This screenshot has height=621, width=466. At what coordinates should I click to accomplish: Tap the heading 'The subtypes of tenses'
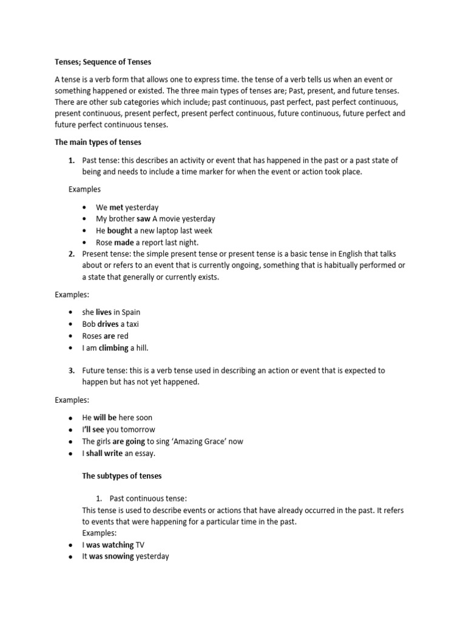122,475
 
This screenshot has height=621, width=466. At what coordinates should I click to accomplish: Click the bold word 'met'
116,207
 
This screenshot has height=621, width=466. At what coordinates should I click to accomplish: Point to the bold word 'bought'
120,230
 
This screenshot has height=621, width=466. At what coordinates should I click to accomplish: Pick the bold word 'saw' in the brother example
143,218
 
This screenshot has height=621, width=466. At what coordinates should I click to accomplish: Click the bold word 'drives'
108,324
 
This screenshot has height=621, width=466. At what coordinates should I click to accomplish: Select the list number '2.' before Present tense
71,253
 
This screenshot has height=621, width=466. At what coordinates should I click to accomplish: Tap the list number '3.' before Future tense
71,370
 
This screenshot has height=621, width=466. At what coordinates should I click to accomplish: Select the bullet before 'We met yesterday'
85,207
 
